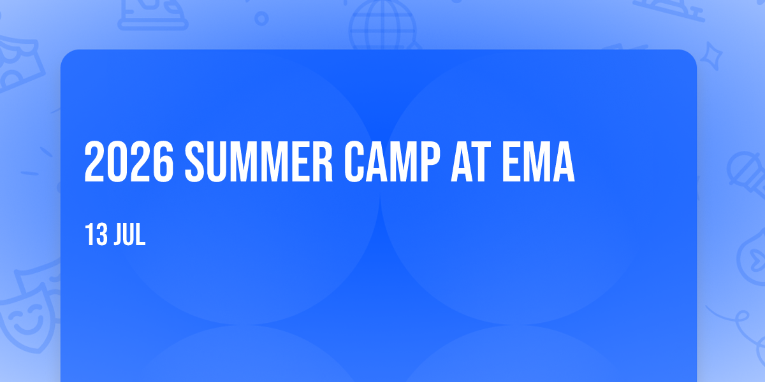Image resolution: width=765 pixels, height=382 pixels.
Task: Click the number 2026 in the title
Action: (129, 162)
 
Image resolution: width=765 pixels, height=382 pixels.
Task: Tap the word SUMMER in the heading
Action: (259, 162)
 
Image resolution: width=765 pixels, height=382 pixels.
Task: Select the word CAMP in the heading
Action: (392, 162)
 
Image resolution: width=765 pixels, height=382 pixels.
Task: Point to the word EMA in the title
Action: (539, 162)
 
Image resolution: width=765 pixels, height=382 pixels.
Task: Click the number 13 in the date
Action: (96, 234)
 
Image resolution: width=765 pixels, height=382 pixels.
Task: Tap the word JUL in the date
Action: (130, 234)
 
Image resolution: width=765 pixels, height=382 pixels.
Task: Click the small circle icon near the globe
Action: (261, 18)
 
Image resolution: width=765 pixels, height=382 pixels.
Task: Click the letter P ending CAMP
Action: (430, 162)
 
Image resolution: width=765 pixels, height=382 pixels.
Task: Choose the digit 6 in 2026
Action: (164, 162)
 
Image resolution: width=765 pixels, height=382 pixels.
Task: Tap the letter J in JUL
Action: (119, 234)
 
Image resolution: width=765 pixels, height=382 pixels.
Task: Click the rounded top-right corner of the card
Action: (692, 54)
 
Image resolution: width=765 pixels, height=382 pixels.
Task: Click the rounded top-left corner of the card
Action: (65, 54)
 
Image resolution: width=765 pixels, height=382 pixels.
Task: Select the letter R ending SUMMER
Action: (323, 162)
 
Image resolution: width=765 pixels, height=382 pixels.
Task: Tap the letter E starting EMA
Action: (511, 162)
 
